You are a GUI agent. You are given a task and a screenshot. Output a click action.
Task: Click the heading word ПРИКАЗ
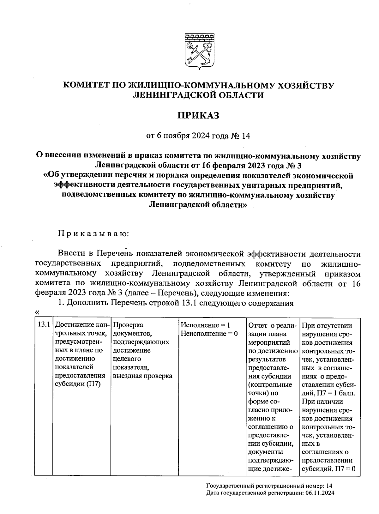pos(198,115)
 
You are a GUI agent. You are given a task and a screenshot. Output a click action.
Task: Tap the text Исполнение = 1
pos(205,325)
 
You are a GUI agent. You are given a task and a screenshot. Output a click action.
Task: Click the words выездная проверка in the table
pos(142,376)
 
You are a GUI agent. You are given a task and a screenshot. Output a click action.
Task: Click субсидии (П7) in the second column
pos(77,384)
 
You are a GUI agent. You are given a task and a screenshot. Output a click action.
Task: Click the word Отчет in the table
pos(257,325)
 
